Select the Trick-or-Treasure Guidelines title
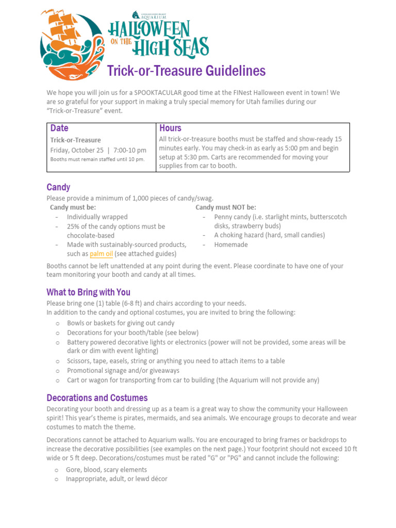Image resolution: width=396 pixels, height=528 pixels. [186, 71]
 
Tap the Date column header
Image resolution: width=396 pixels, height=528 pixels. [59, 128]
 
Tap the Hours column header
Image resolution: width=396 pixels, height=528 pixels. [170, 128]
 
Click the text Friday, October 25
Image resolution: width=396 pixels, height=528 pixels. [77, 150]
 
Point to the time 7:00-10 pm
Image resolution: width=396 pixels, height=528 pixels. [129, 150]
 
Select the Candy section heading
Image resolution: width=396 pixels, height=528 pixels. [58, 187]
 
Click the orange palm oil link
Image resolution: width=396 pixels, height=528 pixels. [101, 254]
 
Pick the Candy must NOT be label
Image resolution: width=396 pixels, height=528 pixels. [225, 207]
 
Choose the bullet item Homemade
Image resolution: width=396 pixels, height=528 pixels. [231, 244]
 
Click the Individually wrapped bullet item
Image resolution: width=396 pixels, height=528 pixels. [97, 217]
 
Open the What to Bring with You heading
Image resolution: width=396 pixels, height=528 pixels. [88, 292]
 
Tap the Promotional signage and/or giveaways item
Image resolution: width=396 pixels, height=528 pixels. [123, 370]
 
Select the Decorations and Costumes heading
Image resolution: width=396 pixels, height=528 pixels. [97, 398]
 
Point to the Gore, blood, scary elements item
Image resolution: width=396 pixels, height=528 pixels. [106, 470]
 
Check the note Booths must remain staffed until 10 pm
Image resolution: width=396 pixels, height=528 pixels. [97, 159]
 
